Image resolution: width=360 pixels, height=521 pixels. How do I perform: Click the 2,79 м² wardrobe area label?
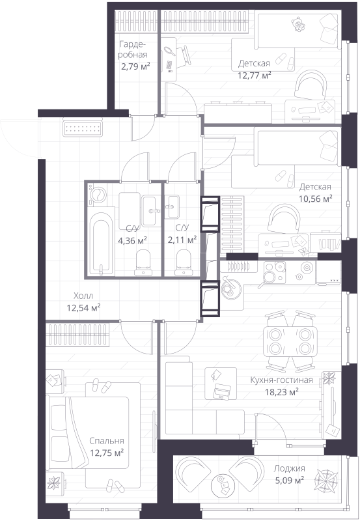[135, 66]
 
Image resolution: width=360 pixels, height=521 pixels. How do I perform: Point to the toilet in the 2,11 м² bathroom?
[184, 263]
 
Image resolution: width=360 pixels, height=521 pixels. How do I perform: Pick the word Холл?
[83, 296]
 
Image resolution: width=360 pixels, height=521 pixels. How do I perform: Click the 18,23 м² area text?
[281, 392]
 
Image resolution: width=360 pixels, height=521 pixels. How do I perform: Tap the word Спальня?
[106, 441]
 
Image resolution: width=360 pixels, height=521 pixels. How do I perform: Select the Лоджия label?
[289, 468]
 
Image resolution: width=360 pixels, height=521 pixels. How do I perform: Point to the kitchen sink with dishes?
[232, 285]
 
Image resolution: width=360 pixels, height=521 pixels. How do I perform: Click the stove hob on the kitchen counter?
[274, 272]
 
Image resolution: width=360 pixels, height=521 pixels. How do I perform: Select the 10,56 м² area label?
[316, 199]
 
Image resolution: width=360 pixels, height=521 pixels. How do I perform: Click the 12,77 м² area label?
[254, 75]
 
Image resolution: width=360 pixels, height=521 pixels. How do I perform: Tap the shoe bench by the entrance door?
[83, 128]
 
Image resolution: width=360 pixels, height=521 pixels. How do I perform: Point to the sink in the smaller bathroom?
[172, 206]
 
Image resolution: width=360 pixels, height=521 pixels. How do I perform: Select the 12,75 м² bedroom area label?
[107, 453]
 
